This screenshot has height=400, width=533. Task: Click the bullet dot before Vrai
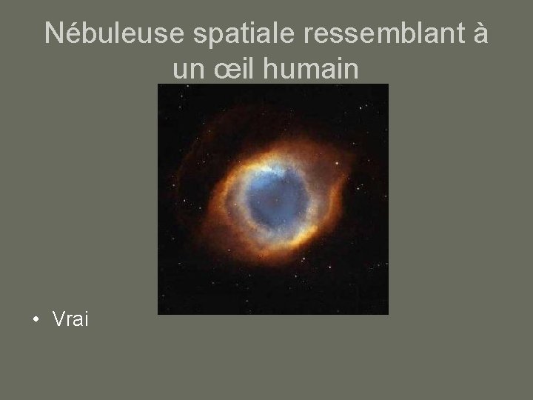36,320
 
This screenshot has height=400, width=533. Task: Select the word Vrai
70,319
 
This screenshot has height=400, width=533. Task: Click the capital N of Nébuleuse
53,34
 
